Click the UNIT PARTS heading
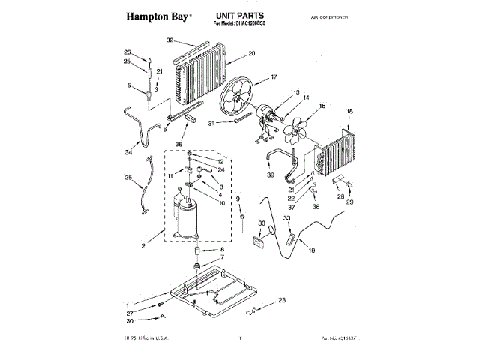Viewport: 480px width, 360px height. click(241, 14)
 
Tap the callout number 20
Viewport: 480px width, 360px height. click(251, 53)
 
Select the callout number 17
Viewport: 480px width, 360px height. click(274, 76)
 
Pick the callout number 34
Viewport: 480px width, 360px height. click(128, 152)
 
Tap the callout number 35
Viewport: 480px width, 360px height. click(128, 178)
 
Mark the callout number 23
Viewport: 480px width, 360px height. click(282, 300)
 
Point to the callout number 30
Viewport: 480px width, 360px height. click(130, 321)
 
